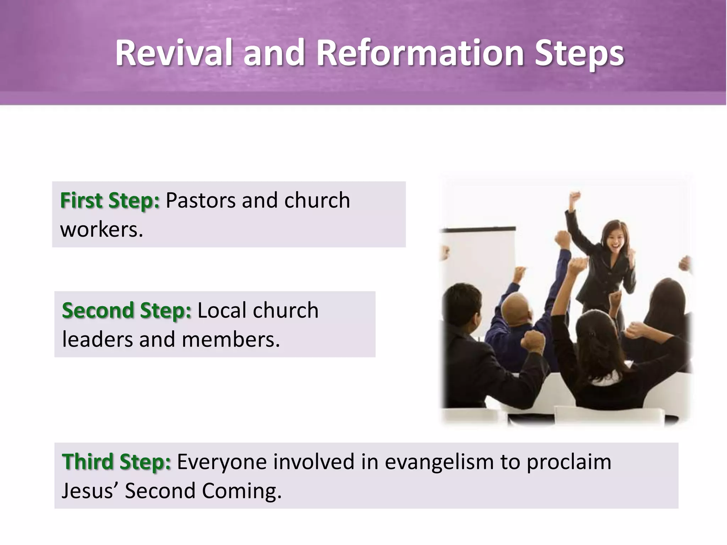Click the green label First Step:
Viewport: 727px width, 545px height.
tap(110, 200)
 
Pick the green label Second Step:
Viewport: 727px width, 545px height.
tap(126, 310)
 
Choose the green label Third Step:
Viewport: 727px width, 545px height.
tap(116, 462)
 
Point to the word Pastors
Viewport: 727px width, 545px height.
tap(201, 200)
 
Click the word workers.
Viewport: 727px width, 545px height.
tap(102, 230)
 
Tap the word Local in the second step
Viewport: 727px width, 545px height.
tap(222, 310)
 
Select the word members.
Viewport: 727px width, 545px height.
tap(230, 340)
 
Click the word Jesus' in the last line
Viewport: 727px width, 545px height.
tap(90, 491)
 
